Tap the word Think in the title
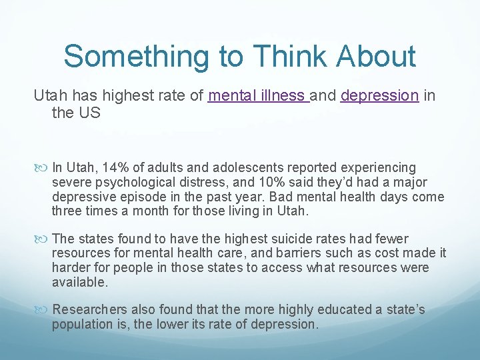click(279, 56)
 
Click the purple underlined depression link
click(379, 95)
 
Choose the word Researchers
click(89, 310)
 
